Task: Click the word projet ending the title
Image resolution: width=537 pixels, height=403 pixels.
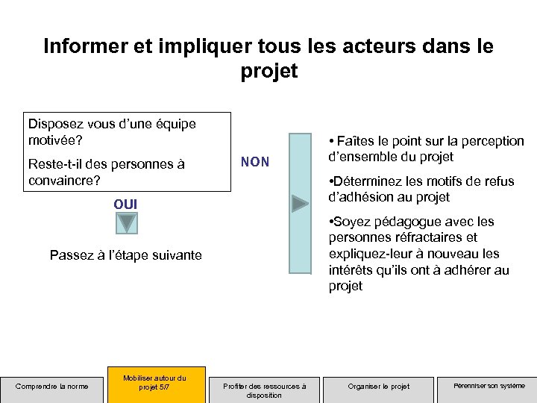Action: (268, 71)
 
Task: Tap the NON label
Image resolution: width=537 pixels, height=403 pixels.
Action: (255, 162)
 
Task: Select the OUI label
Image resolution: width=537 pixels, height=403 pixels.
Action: (125, 204)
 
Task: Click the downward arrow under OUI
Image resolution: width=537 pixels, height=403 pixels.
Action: (128, 222)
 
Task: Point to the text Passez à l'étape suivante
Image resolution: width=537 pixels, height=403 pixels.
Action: (125, 255)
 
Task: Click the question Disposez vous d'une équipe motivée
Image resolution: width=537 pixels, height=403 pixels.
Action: (112, 131)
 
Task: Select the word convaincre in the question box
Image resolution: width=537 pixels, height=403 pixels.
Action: (61, 181)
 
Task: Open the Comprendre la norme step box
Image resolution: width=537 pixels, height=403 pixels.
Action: (52, 386)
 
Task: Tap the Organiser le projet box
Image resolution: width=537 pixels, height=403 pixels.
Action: (379, 386)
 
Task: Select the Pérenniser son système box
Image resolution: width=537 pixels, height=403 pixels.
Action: (489, 386)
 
